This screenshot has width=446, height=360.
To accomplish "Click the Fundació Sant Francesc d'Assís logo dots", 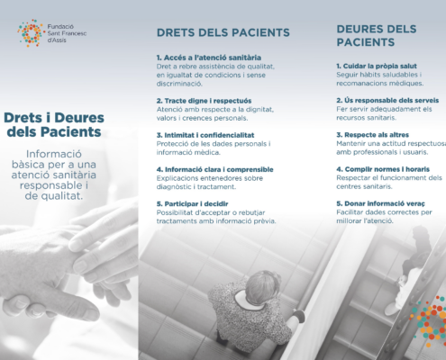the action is pos(31,33).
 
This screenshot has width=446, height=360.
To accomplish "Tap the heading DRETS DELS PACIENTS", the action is pos(223,32).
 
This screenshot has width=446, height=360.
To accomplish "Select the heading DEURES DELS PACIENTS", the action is pos(377,36).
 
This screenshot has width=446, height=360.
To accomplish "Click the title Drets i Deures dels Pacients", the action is pos(54,124).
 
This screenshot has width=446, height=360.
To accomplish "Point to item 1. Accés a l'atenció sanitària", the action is pos(209,58).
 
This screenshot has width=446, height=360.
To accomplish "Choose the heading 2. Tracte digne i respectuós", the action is pos(204,101).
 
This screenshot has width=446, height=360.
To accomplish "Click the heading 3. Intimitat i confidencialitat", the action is pos(205,135).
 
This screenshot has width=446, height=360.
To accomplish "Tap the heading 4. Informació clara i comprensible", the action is pos(214,169).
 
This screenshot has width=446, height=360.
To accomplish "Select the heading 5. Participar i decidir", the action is pos(192,203).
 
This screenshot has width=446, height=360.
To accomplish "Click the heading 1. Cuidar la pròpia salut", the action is pos(377,66).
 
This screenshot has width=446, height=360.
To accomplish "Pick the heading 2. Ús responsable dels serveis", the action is pos(387,100).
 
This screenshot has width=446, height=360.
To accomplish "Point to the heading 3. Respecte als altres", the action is pos(372,135).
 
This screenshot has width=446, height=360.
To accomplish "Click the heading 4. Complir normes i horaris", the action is pos(383,169).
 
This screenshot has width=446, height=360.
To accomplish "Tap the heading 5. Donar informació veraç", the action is pos(380,203).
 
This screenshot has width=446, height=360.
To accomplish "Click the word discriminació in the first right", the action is pos(179,84).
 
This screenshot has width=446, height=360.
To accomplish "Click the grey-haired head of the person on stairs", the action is pos(262,286).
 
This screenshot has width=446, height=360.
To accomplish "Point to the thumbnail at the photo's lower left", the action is pos(18,303).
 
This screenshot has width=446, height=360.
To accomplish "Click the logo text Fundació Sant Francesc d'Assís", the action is pos(67,33).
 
